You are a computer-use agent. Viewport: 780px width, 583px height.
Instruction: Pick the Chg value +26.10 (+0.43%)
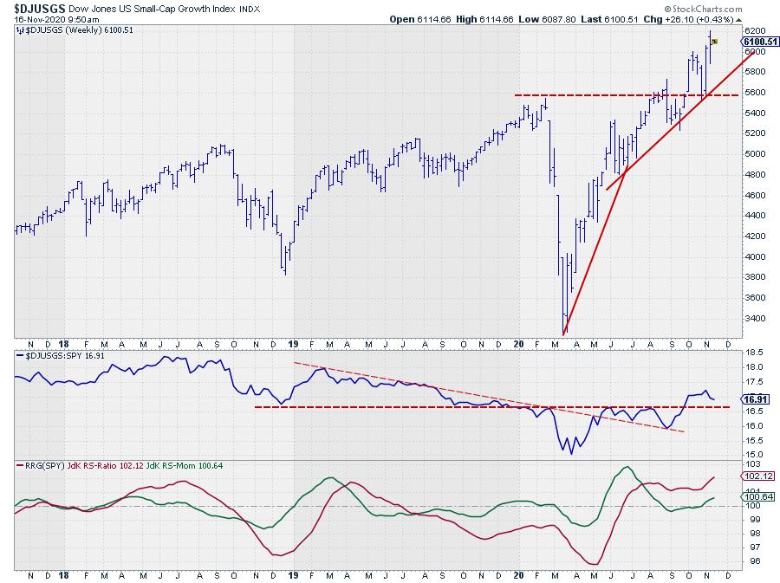(689, 18)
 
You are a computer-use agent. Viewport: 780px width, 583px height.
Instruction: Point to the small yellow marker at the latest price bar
(714, 41)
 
